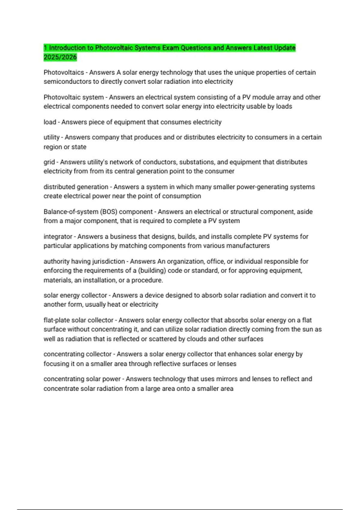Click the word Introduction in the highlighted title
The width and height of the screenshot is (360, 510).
click(x=67, y=48)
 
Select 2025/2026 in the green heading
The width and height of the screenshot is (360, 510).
click(x=60, y=57)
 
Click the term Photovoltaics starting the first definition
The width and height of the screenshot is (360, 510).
click(x=64, y=73)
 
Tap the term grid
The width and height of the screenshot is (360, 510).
click(x=49, y=162)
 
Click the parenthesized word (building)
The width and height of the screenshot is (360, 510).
click(x=152, y=271)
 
